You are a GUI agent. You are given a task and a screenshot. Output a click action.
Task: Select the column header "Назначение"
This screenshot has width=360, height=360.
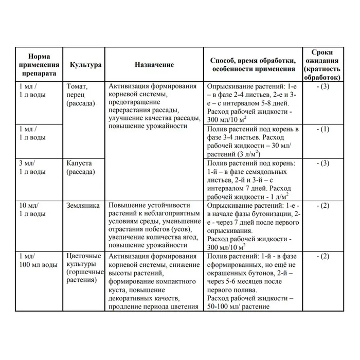(154, 65)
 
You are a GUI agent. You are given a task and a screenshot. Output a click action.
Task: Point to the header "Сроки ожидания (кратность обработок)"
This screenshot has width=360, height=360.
(322, 65)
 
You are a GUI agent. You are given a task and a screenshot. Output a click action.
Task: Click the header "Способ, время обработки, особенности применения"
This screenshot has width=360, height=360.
(253, 65)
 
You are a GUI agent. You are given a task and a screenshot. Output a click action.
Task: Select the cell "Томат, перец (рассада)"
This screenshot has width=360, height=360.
(81, 95)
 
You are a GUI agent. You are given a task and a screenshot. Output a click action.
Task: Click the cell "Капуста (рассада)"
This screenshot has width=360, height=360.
(81, 167)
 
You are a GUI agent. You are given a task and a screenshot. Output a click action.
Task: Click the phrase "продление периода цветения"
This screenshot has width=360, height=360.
(154, 307)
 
